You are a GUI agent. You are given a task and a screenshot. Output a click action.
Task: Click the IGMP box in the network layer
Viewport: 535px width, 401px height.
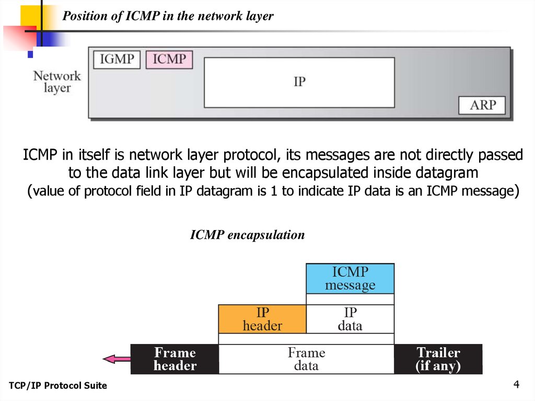pos(117,60)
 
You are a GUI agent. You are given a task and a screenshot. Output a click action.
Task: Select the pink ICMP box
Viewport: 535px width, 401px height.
pos(169,60)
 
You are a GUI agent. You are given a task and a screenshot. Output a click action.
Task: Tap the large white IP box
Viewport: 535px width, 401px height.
pos(299,82)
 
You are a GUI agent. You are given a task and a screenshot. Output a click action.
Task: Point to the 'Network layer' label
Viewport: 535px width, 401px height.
pos(57,82)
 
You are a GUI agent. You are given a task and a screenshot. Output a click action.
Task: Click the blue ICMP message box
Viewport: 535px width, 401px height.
pos(350,279)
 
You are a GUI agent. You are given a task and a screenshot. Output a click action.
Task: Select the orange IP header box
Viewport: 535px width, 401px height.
pos(262,319)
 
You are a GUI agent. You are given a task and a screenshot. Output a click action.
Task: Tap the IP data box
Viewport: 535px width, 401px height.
pos(350,319)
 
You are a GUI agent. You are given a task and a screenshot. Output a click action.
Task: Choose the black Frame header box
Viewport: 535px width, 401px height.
pos(175,359)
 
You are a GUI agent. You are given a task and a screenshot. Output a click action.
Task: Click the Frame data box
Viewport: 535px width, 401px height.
pos(306,359)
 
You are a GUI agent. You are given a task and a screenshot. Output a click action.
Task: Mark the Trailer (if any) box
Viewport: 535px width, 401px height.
pos(438,359)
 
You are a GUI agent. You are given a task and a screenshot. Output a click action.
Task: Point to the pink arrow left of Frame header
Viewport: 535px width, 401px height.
pos(117,359)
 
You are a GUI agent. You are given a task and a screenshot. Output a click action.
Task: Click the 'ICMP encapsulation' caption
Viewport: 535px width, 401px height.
pos(247,235)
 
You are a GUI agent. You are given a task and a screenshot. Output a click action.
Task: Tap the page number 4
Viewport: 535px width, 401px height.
pos(516,385)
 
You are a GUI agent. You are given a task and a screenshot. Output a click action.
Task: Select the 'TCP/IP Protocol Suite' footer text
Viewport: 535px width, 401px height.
pos(58,386)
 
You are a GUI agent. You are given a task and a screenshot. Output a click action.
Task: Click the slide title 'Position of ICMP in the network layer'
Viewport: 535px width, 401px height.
pos(168,17)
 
